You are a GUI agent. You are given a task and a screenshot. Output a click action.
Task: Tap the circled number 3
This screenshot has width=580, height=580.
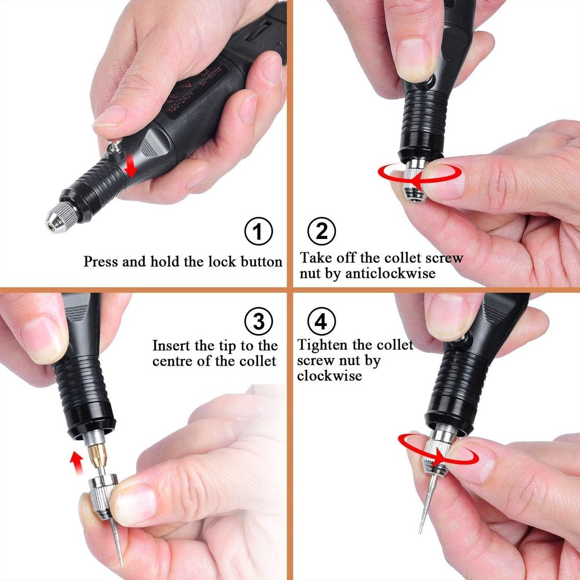[x=258, y=320]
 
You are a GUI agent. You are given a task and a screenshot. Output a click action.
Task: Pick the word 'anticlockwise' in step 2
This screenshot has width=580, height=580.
[x=390, y=274]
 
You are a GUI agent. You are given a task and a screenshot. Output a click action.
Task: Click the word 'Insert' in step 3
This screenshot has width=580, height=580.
[x=172, y=346]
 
